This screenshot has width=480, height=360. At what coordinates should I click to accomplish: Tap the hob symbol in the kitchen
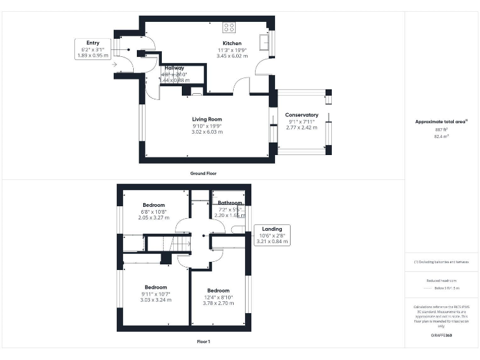pyautogui.click(x=229, y=27)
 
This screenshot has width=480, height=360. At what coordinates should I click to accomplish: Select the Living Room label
pyautogui.click(x=207, y=119)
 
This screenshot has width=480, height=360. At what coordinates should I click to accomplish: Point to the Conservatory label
pyautogui.click(x=301, y=115)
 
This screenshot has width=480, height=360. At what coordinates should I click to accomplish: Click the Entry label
pyautogui.click(x=92, y=42)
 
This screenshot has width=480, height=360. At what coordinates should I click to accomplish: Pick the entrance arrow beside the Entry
pyautogui.click(x=115, y=64)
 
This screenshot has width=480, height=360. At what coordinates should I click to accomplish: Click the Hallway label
pyautogui.click(x=174, y=67)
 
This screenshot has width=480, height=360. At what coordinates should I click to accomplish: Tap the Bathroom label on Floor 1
pyautogui.click(x=230, y=202)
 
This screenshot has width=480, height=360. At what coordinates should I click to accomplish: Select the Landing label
pyautogui.click(x=272, y=229)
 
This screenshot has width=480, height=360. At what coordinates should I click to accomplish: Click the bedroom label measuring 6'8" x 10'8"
pyautogui.click(x=154, y=205)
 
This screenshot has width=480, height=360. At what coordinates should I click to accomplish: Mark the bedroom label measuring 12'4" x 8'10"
pyautogui.click(x=219, y=291)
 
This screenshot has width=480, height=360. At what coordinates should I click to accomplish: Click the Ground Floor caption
pyautogui.click(x=204, y=173)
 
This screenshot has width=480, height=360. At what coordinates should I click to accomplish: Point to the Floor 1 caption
pyautogui.click(x=204, y=342)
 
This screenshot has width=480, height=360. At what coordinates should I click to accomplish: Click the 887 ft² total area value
pyautogui.click(x=441, y=129)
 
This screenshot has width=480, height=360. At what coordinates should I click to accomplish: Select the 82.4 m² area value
pyautogui.click(x=441, y=136)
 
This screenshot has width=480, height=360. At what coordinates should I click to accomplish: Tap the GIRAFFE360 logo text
pyautogui.click(x=441, y=336)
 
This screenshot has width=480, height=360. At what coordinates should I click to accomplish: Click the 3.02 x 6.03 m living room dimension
pyautogui.click(x=207, y=132)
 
